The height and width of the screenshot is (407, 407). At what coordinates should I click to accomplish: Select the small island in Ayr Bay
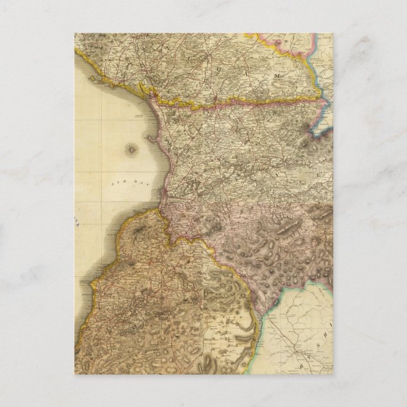click(x=131, y=150)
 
